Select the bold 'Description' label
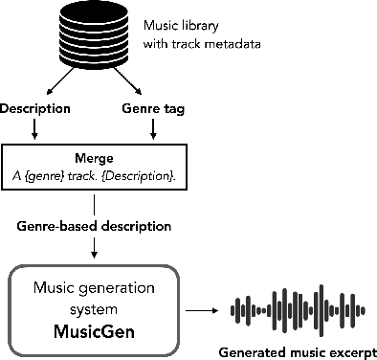36,109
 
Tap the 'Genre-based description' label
93,227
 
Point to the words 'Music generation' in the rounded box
94,289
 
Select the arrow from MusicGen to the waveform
200,310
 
